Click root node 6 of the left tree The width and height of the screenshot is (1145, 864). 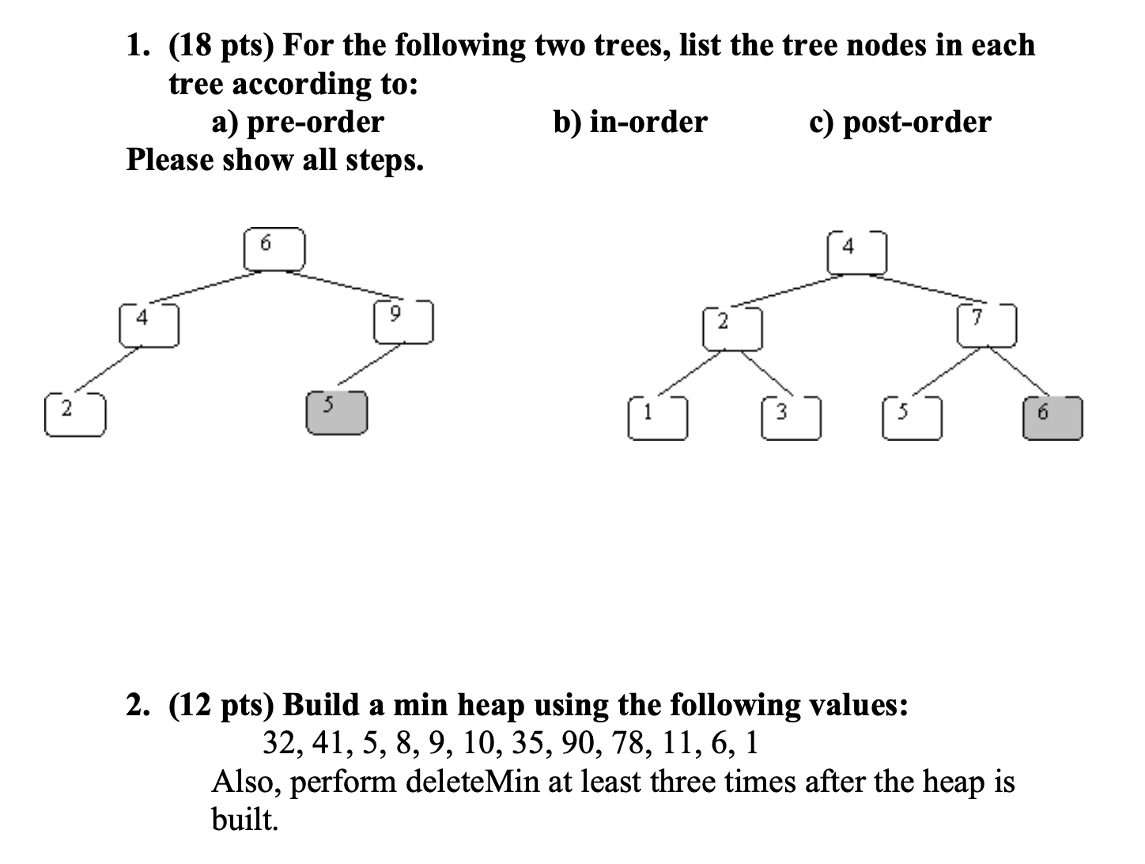(x=274, y=249)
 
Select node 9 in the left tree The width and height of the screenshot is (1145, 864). (x=403, y=322)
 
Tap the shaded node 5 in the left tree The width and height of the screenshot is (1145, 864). (x=337, y=413)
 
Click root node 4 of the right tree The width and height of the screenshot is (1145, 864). (x=857, y=252)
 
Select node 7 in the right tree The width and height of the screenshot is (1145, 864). (x=986, y=325)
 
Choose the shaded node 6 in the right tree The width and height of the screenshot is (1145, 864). (x=1052, y=417)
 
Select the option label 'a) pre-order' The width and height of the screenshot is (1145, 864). (x=297, y=122)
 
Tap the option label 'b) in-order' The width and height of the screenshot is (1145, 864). (x=629, y=122)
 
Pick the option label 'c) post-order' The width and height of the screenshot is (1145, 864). (x=900, y=122)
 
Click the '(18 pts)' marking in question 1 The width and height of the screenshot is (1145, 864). (x=221, y=46)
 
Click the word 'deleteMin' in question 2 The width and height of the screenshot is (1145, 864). (x=473, y=781)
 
